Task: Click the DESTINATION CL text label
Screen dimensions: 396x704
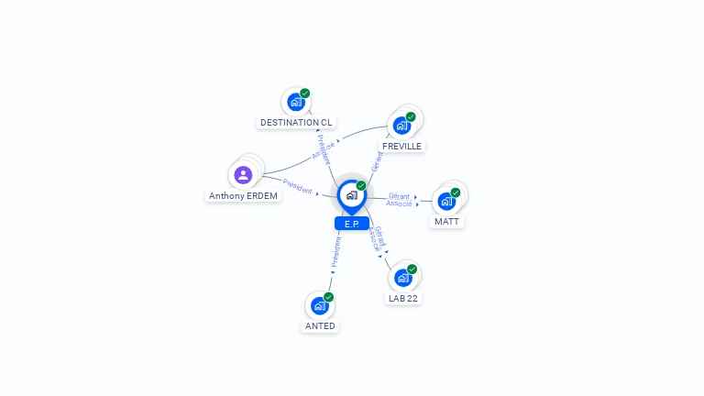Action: (x=296, y=122)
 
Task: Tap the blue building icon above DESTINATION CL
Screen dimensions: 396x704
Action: (x=295, y=102)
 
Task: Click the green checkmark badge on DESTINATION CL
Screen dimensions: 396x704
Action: (x=305, y=93)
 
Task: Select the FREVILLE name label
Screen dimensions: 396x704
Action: (x=401, y=146)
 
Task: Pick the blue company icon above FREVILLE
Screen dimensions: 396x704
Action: (x=401, y=126)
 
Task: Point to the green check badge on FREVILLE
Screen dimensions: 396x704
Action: (x=411, y=117)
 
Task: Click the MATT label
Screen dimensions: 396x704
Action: (x=447, y=221)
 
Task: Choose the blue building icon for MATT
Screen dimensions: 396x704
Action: (x=446, y=201)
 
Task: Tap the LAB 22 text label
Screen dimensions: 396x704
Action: (x=403, y=298)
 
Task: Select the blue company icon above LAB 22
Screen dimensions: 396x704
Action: (x=402, y=277)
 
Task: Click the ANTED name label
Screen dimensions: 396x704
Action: (x=320, y=325)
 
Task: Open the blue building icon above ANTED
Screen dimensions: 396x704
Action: (x=319, y=305)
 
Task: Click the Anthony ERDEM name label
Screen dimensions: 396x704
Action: (x=243, y=195)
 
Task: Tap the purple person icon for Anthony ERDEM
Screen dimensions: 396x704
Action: (x=243, y=174)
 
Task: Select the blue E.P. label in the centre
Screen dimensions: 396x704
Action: (x=352, y=224)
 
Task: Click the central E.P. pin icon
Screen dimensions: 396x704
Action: (x=351, y=195)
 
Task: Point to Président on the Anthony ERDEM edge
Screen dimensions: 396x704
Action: (x=298, y=186)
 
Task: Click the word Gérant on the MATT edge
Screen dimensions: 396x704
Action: (x=399, y=196)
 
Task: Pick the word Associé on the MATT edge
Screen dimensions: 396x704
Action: (x=399, y=203)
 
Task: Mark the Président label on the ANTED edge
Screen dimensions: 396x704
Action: (x=335, y=250)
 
